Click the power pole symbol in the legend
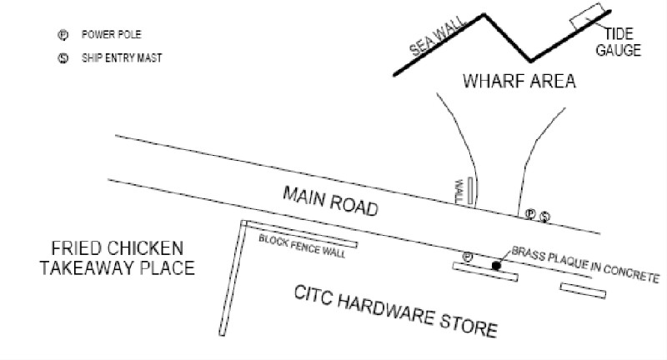pos(63,35)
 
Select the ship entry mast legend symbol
pos(63,58)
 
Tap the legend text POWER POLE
pos(112,34)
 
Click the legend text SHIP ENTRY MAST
pos(122,57)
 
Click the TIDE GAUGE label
pos(619,42)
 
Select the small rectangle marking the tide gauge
pos(587,16)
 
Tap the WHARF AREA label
pos(519,81)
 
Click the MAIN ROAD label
pos(330,201)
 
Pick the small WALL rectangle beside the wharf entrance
pos(470,191)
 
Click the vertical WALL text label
pos(459,191)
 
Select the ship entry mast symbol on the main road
pos(545,217)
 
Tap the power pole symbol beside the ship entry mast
pos(530,214)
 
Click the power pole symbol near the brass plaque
pos(468,257)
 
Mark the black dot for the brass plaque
pos(496,266)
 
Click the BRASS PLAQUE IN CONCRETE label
pos(586,264)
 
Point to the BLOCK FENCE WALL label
pos(302,246)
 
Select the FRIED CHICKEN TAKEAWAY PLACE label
pos(118,258)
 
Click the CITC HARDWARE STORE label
pos(395,312)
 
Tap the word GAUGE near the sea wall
pos(619,50)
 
